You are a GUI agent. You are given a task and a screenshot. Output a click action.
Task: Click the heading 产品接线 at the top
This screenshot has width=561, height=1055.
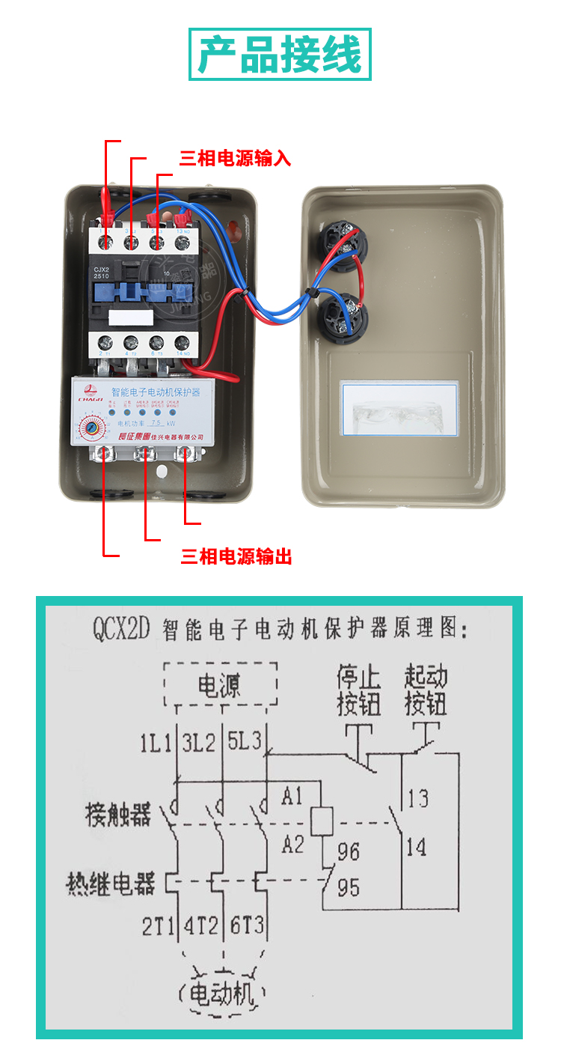[280, 54]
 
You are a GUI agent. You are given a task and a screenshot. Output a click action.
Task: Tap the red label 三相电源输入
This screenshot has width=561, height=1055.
[234, 159]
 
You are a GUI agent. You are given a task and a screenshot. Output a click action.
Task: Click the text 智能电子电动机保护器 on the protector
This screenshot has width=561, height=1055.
[155, 392]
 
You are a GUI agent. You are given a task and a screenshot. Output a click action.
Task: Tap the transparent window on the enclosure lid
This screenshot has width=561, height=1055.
[399, 409]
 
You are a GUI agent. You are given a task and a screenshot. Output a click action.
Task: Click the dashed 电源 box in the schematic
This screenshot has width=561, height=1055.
[221, 685]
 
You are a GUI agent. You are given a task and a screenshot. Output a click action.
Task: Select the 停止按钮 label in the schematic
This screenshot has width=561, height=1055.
[358, 690]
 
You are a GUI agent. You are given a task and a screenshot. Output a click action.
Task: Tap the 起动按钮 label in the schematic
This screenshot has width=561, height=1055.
[426, 690]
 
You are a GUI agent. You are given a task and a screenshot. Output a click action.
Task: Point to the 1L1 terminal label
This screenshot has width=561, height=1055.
[156, 744]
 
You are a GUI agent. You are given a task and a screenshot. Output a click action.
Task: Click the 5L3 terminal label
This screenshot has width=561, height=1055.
[245, 743]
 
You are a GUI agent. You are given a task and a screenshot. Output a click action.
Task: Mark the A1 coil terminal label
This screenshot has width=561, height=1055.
[292, 797]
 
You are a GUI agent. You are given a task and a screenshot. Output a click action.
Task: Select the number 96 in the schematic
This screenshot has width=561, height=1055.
[348, 851]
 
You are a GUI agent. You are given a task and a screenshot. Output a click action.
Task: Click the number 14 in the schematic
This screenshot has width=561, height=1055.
[416, 848]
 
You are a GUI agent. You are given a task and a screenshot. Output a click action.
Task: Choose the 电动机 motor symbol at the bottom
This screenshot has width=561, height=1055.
[221, 994]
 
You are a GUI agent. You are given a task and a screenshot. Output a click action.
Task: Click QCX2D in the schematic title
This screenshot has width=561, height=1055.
[122, 627]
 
